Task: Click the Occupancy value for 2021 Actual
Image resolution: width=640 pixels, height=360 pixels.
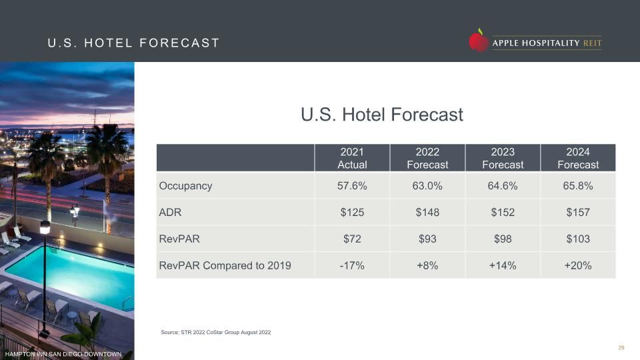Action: [x=352, y=186]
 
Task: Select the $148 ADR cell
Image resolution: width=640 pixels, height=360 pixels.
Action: [x=427, y=212]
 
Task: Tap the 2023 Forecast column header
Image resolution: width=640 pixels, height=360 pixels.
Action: [x=503, y=158]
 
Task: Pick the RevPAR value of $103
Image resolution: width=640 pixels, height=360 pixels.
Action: [x=578, y=239]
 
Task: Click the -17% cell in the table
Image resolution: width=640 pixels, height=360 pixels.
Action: [x=352, y=266]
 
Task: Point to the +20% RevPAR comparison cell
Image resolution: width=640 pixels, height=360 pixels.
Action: [x=578, y=266]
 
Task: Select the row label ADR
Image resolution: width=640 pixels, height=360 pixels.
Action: [x=170, y=212]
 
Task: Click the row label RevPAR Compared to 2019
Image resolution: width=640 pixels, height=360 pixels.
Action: [x=225, y=266]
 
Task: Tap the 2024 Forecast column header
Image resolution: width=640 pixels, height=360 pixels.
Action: [x=578, y=158]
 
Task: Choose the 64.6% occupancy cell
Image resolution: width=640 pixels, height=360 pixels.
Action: [x=503, y=186]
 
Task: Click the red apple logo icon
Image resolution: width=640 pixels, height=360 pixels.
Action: [x=479, y=40]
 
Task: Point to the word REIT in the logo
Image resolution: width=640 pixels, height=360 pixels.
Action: [x=592, y=43]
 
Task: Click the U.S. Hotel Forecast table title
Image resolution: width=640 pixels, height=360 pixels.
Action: [x=382, y=115]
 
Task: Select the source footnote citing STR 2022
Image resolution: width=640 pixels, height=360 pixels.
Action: [x=215, y=332]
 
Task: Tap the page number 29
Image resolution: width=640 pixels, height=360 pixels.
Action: [x=621, y=348]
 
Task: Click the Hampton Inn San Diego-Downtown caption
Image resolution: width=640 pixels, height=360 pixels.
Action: [x=63, y=354]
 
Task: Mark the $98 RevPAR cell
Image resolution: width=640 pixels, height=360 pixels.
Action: [x=503, y=239]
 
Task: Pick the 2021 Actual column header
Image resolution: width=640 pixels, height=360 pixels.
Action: [x=352, y=158]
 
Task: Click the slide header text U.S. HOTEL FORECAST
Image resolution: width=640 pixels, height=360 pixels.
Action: [x=134, y=43]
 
